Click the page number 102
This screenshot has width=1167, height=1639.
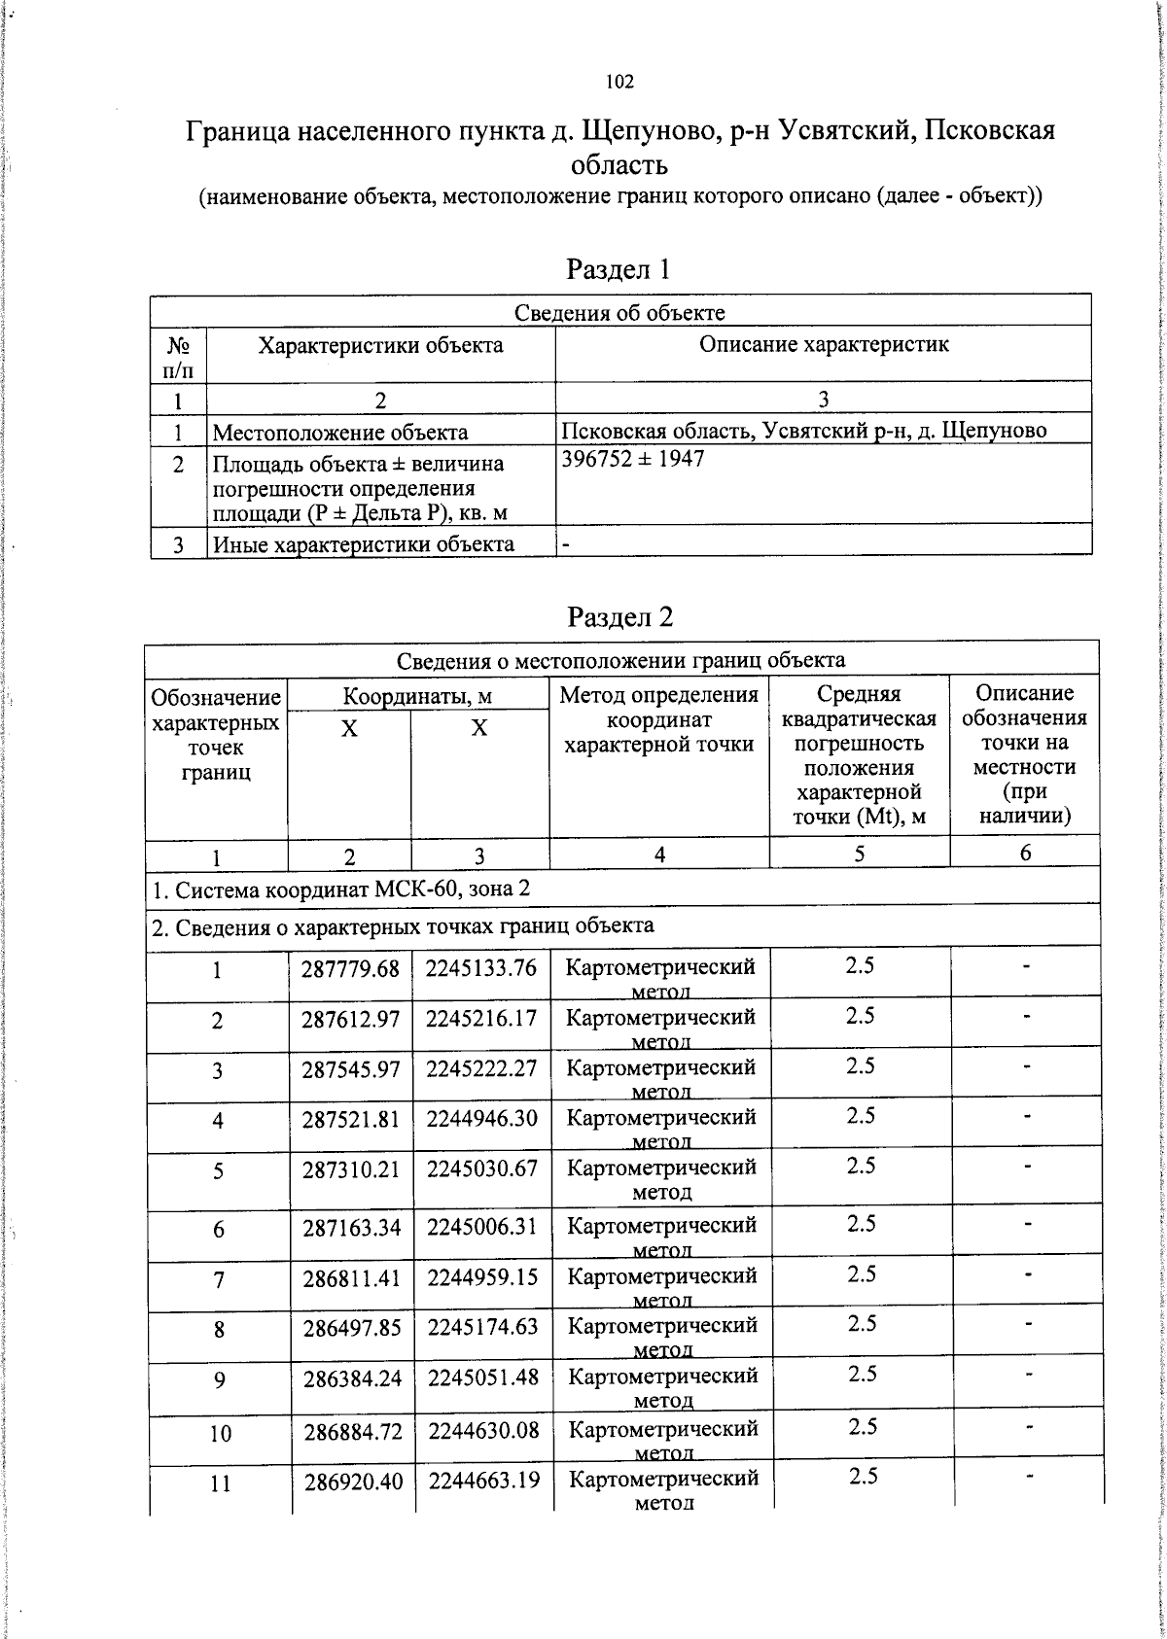(619, 82)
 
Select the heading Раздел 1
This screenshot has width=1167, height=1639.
(619, 268)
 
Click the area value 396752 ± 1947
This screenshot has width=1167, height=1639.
(633, 458)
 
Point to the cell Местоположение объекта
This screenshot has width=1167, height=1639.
(340, 432)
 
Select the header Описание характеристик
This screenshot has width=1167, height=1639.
(824, 344)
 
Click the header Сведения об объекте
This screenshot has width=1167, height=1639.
(619, 312)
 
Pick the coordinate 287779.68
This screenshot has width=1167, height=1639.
(350, 968)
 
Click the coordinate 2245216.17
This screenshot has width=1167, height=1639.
(481, 1018)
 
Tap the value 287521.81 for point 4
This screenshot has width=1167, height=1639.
(351, 1119)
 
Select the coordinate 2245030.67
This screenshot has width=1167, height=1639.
(482, 1168)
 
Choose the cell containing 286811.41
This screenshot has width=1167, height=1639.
(352, 1277)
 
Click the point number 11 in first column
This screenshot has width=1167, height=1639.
(221, 1483)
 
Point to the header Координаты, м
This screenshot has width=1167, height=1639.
(417, 696)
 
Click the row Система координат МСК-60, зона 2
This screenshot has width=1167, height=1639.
(341, 889)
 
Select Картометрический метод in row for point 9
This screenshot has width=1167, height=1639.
(662, 1387)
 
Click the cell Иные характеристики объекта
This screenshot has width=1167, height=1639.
(363, 543)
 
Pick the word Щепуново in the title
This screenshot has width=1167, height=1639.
(646, 130)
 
